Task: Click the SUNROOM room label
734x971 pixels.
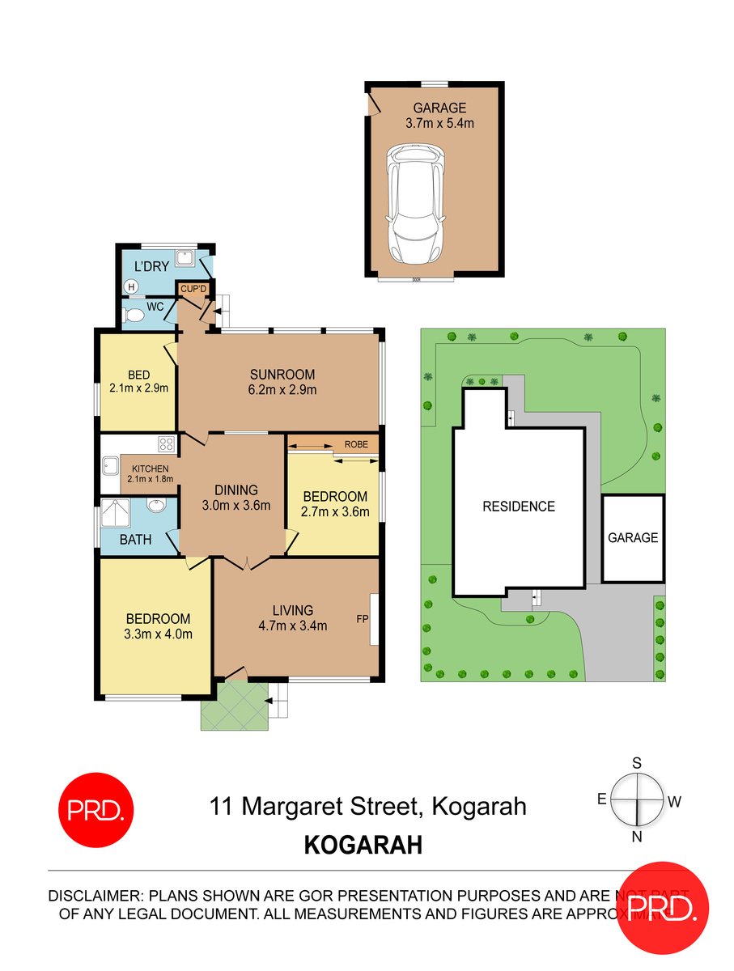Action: point(282,375)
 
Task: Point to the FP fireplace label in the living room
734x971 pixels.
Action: point(362,618)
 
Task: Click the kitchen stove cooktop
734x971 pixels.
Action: point(167,443)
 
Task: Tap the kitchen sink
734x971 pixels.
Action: point(110,466)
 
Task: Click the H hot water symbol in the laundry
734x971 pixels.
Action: point(130,286)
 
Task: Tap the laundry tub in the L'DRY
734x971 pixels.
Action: point(185,258)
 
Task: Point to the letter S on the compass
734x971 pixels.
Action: point(637,763)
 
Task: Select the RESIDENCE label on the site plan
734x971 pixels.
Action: point(519,507)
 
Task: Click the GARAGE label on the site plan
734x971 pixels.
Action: point(633,537)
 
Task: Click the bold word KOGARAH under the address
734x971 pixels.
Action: point(363,846)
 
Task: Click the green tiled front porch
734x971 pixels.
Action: point(235,705)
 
